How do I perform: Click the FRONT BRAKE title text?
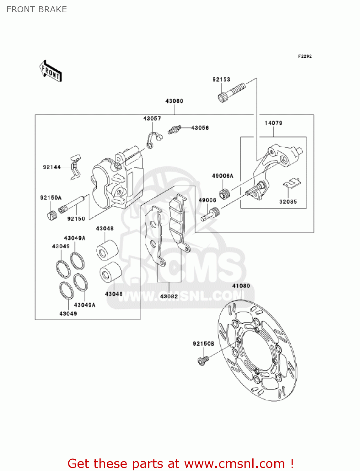(x=37, y=9)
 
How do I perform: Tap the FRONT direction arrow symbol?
(x=50, y=71)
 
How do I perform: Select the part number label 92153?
(x=221, y=79)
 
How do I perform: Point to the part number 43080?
(x=174, y=101)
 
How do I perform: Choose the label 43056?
(x=200, y=128)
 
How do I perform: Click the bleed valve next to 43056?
(x=175, y=129)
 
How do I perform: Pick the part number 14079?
(x=273, y=123)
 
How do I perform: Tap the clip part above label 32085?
(x=292, y=183)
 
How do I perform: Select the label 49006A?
(x=223, y=176)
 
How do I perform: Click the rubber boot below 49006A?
(x=225, y=194)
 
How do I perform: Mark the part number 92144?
(x=52, y=167)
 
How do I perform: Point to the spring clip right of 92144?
(x=76, y=167)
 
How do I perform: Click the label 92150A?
(x=51, y=198)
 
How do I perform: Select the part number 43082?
(x=169, y=296)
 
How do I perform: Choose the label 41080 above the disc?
(x=241, y=286)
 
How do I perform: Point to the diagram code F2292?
(x=305, y=56)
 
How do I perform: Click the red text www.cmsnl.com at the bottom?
(x=234, y=463)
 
